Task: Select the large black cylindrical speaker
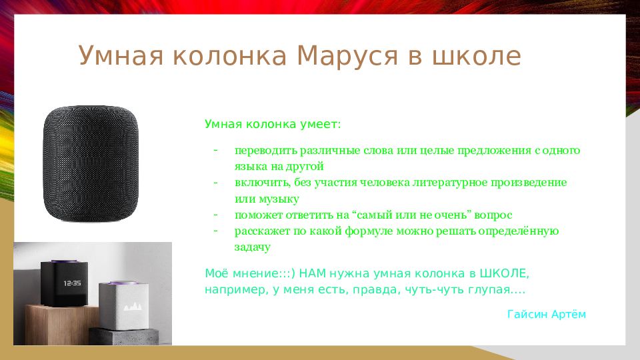(x=93, y=164)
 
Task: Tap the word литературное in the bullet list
(x=453, y=182)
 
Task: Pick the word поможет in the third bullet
(x=255, y=215)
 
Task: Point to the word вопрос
(x=495, y=215)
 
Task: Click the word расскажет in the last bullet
(x=261, y=231)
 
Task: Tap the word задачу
(x=252, y=247)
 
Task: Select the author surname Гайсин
(x=527, y=314)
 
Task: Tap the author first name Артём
(x=569, y=314)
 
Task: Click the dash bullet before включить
(x=216, y=182)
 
